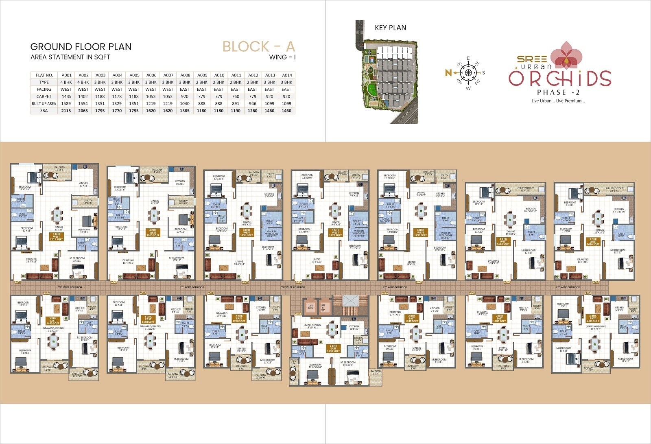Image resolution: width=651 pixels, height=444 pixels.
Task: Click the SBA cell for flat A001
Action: [66, 111]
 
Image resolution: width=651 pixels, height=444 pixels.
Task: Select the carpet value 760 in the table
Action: [236, 96]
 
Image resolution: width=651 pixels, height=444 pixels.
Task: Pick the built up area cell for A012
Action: [253, 103]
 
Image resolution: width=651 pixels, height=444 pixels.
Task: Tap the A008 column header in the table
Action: [185, 75]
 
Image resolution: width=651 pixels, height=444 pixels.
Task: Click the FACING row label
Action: [44, 89]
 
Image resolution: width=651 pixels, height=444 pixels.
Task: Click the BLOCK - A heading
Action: [258, 47]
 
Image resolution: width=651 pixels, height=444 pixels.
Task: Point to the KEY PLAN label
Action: [390, 28]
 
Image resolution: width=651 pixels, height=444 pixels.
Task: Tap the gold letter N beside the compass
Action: [448, 73]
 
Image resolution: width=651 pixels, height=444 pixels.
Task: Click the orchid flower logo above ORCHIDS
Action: [566, 55]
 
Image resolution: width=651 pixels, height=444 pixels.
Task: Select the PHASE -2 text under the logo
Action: [558, 92]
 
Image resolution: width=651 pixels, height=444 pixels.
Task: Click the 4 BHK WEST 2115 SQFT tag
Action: [57, 237]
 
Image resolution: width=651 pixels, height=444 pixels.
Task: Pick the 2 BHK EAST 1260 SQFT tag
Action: [239, 318]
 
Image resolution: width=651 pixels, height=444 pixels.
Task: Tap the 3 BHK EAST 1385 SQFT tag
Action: [592, 318]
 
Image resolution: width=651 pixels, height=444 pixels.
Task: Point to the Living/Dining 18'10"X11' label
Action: [312, 326]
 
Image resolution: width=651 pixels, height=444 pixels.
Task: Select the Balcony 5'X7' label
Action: [376, 372]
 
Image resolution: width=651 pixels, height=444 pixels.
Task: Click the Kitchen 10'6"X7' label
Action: [354, 327]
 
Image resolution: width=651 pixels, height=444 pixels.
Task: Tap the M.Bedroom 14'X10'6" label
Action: [347, 363]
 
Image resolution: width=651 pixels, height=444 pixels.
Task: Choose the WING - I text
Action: [282, 57]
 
